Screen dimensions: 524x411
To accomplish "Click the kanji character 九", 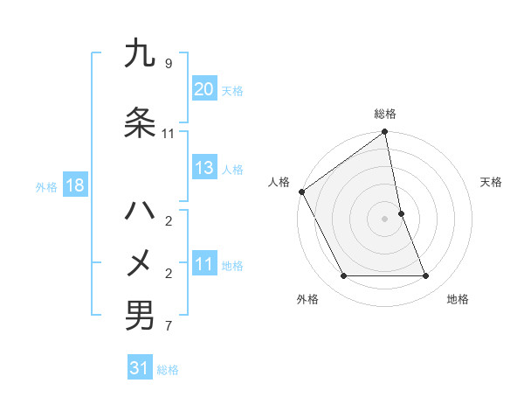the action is pos(139,54).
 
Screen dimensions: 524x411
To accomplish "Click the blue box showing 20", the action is pos(203,90).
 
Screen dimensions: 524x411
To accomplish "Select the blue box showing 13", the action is pos(203,169).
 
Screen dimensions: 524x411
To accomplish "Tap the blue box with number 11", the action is pos(203,265).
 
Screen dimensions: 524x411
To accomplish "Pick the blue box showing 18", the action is pos(74,186).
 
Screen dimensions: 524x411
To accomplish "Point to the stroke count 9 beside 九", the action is pos(168,64).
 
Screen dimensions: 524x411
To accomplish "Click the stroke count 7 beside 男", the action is pos(168,327).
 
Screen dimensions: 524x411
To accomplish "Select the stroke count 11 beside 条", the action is pos(168,134).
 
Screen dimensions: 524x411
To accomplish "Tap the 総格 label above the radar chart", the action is pos(385,114).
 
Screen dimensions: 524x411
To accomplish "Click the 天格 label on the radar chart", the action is pos(492,183).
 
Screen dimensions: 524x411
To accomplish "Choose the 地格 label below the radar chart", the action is pos(458,299).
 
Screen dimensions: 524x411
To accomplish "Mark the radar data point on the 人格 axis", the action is pos(301,192).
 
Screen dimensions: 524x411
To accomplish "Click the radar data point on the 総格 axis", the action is pos(385,132).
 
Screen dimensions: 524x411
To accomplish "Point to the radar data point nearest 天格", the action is pos(401,213).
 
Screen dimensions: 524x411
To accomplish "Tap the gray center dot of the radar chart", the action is pos(385,219).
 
